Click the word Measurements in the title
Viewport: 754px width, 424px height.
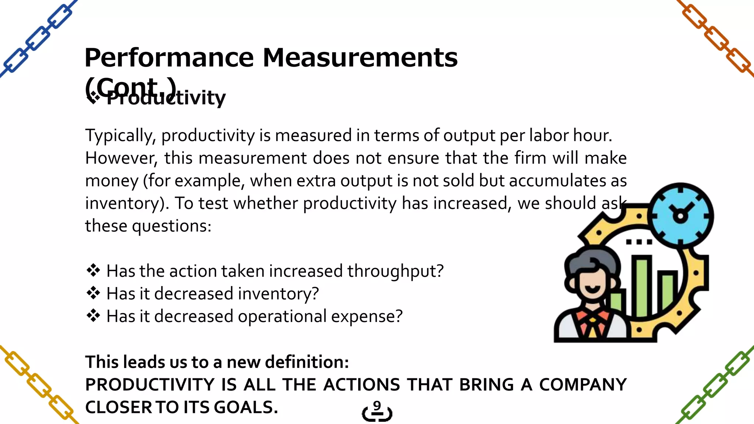coord(360,58)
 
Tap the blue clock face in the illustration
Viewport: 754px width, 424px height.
coord(680,216)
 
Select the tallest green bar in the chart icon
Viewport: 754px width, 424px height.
coord(642,287)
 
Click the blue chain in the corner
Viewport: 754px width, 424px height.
coord(37,39)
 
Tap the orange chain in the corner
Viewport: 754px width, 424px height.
coord(716,39)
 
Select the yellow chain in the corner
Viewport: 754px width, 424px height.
coord(39,385)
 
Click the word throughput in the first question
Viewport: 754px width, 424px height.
coord(395,272)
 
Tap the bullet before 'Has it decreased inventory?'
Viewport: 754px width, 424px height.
coord(93,293)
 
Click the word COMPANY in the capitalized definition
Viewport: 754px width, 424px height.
coord(582,385)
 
